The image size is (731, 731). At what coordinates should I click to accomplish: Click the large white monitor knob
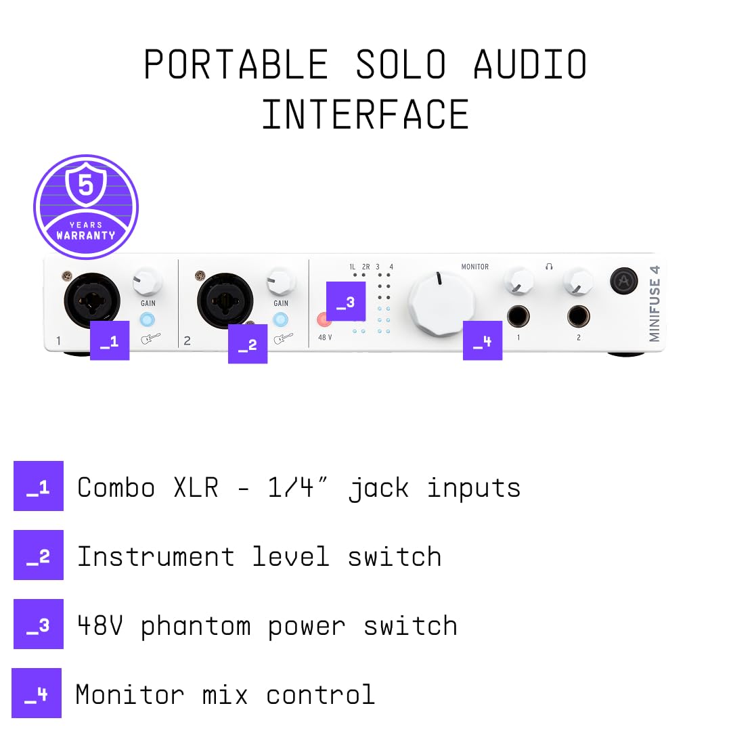(441, 303)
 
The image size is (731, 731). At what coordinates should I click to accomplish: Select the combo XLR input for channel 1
(92, 301)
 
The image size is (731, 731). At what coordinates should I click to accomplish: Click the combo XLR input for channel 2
(225, 301)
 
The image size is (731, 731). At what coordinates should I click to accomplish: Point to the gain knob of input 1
(148, 281)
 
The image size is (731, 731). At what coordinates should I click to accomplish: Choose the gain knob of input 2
(281, 281)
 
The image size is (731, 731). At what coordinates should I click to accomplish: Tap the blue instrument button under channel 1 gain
(148, 319)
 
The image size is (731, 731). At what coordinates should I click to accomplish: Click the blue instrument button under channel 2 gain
(280, 319)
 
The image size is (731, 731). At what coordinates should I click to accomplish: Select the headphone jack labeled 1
(518, 317)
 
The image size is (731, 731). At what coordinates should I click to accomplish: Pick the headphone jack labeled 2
(579, 317)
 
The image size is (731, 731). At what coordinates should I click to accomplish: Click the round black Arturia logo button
(624, 281)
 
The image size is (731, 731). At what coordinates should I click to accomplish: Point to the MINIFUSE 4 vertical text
(655, 303)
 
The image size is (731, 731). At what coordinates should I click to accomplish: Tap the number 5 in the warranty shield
(86, 185)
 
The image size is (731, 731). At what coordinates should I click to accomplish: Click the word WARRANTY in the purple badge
(86, 236)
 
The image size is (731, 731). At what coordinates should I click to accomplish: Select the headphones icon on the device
(549, 266)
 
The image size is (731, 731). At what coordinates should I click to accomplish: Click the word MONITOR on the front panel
(475, 267)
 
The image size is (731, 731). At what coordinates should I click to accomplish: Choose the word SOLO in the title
(401, 64)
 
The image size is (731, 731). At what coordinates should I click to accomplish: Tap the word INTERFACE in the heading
(365, 114)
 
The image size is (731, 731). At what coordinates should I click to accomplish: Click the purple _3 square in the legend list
(38, 624)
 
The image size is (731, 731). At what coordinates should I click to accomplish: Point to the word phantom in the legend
(196, 627)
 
